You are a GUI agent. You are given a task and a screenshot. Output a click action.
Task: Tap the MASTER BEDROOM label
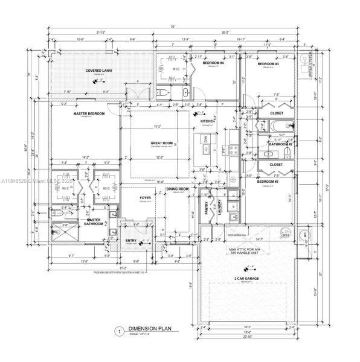pyautogui.click(x=89, y=113)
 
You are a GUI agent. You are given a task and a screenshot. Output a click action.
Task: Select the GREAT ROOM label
pyautogui.click(x=162, y=143)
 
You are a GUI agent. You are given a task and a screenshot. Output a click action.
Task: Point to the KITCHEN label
pyautogui.click(x=208, y=121)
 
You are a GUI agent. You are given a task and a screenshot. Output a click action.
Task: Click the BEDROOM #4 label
pyautogui.click(x=213, y=63)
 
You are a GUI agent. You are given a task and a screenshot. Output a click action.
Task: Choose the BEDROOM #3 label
pyautogui.click(x=268, y=63)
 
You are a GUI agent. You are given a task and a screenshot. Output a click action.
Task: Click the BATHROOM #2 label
pyautogui.click(x=281, y=145)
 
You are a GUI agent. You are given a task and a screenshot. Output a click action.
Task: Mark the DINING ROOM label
pyautogui.click(x=178, y=189)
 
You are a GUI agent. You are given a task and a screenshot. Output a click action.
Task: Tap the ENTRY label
pyautogui.click(x=131, y=241)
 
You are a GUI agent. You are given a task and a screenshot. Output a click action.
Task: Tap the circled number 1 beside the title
pyautogui.click(x=120, y=331)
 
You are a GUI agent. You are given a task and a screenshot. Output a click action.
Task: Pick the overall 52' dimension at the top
pyautogui.click(x=173, y=27)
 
